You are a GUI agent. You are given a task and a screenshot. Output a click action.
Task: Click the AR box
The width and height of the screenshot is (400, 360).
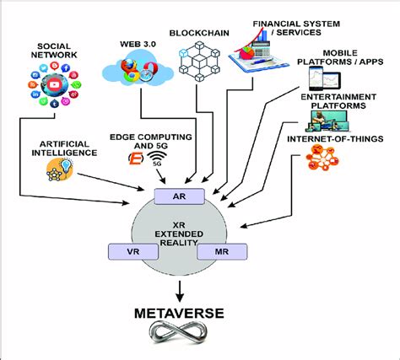[x=180, y=196]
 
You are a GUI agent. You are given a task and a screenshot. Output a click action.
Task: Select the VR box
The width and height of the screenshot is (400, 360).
[x=133, y=251]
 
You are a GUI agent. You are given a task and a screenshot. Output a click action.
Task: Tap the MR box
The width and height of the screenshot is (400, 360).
[x=222, y=251]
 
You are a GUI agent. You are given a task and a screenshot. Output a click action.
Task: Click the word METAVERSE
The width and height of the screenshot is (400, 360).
[x=179, y=314]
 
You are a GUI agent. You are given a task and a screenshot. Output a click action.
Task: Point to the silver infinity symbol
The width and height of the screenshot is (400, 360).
[x=178, y=333]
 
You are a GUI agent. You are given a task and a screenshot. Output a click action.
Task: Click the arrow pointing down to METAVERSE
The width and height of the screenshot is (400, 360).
[x=180, y=292]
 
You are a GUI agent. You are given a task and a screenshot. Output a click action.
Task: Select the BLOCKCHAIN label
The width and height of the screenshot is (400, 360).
[x=199, y=33]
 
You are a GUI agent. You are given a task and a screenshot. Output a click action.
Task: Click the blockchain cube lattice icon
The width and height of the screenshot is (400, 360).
[x=199, y=61]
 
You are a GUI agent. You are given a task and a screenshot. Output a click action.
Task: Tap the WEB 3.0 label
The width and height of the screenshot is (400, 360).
[x=138, y=44]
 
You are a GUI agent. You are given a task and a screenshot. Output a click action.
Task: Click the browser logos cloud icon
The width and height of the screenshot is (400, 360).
[x=138, y=71]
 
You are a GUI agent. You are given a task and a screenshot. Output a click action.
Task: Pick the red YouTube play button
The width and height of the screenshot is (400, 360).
[x=55, y=84]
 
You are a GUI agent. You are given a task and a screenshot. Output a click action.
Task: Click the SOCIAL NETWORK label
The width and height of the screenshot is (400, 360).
[x=54, y=51]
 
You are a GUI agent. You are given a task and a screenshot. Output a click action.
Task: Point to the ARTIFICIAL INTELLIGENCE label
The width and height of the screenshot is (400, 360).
[x=64, y=148]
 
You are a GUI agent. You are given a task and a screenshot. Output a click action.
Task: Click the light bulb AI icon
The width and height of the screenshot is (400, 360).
[x=60, y=169]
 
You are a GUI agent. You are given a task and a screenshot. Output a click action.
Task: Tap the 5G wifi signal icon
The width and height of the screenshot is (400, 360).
[x=157, y=159]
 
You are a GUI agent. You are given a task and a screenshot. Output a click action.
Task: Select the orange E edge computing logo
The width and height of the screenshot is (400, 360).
[x=136, y=159]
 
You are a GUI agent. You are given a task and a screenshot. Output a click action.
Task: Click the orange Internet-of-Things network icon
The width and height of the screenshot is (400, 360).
[x=322, y=158]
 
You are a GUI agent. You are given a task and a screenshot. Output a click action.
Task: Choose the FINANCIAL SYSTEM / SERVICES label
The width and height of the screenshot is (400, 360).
[x=296, y=28]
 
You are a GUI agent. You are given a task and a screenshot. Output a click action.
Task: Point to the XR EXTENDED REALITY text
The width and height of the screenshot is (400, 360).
[x=179, y=234]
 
